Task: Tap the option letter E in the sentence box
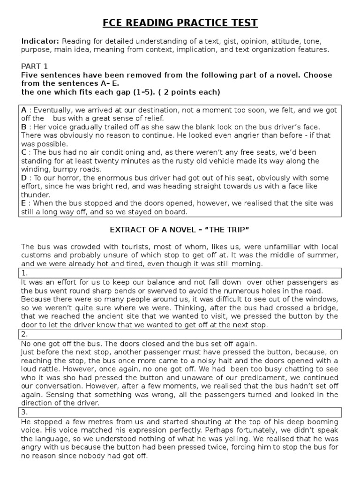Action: coord(24,203)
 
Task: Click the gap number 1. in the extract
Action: coord(24,273)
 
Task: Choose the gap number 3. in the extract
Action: coord(24,412)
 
